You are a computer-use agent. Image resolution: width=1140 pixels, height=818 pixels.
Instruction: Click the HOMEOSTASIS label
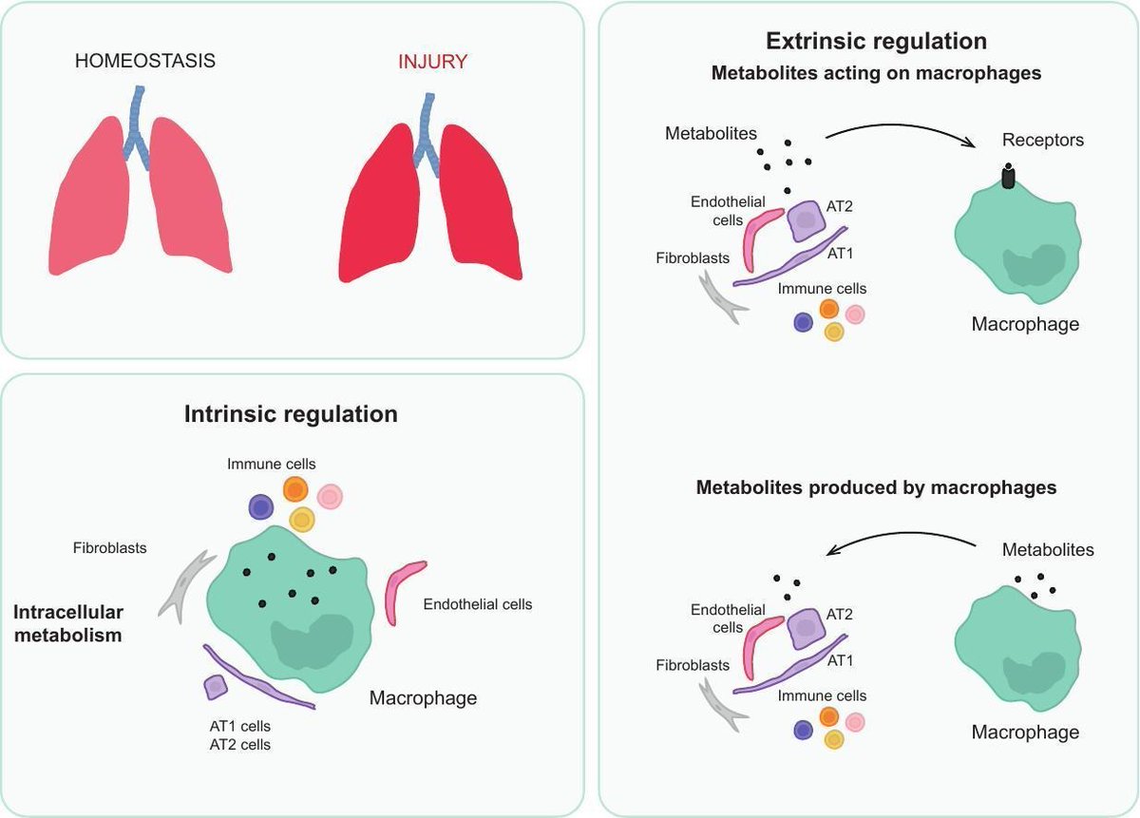pyautogui.click(x=145, y=61)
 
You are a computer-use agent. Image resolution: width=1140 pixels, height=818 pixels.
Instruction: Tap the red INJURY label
pyautogui.click(x=432, y=62)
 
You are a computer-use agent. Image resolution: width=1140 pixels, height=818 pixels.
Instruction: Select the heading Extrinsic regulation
pyautogui.click(x=876, y=41)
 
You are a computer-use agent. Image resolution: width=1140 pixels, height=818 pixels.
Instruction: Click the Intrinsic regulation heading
pyautogui.click(x=291, y=414)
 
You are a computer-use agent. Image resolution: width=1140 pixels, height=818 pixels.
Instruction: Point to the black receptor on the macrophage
pyautogui.click(x=1008, y=177)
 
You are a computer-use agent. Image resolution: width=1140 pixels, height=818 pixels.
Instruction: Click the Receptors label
pyautogui.click(x=1043, y=140)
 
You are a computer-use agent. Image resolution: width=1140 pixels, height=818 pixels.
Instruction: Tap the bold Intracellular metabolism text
pyautogui.click(x=68, y=623)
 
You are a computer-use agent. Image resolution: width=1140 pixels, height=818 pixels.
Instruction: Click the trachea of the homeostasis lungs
pyautogui.click(x=136, y=127)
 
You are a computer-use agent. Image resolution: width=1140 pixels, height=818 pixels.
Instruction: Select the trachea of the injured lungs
pyautogui.click(x=427, y=133)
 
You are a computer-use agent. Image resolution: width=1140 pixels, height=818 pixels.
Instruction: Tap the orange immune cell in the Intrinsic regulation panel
pyautogui.click(x=295, y=489)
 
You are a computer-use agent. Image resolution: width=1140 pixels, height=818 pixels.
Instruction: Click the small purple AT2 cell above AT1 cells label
pyautogui.click(x=216, y=688)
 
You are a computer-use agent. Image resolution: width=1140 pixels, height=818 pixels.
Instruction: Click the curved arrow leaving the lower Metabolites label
pyautogui.click(x=901, y=535)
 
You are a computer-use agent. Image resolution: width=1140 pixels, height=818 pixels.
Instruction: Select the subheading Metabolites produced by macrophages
pyautogui.click(x=876, y=487)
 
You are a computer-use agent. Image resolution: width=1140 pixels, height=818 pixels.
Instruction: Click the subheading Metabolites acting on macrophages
pyautogui.click(x=876, y=73)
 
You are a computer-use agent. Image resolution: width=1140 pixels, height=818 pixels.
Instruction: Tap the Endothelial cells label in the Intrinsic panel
pyautogui.click(x=478, y=604)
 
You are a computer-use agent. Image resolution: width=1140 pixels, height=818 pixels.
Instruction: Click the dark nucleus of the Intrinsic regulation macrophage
pyautogui.click(x=312, y=641)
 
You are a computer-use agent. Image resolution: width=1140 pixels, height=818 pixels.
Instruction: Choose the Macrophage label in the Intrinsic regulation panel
pyautogui.click(x=424, y=698)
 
